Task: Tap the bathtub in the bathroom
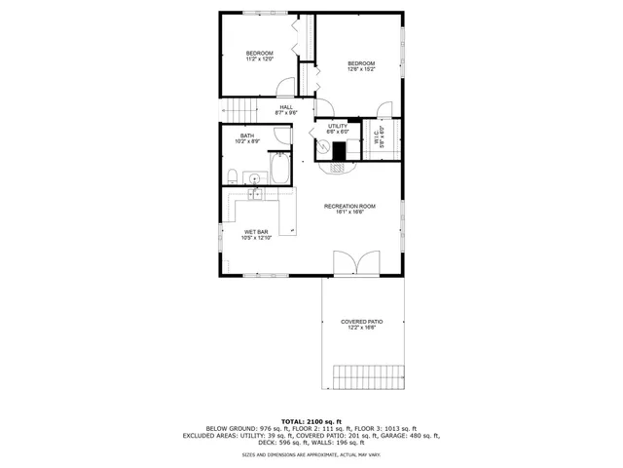[280, 170]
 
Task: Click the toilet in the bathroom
[234, 175]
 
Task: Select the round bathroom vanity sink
[255, 177]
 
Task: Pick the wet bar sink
[255, 195]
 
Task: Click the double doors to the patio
[351, 264]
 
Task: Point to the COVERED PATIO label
[361, 325]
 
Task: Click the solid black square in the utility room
[340, 151]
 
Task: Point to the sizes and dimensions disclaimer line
[311, 454]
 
